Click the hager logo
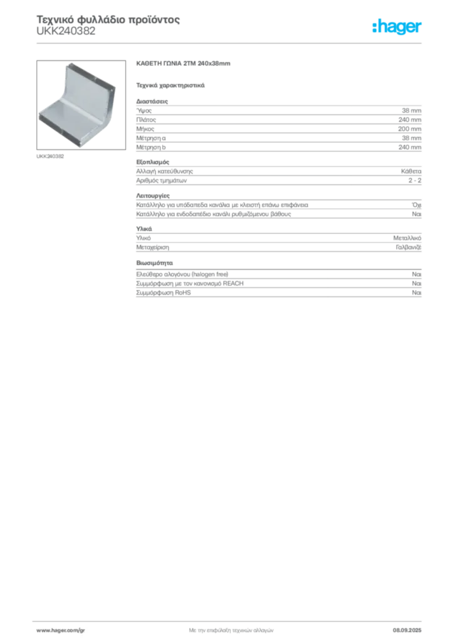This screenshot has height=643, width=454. tap(397, 27)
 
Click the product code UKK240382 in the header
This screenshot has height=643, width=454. tap(66, 31)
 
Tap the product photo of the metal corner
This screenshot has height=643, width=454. tap(81, 105)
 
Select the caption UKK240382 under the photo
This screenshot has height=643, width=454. tap(50, 156)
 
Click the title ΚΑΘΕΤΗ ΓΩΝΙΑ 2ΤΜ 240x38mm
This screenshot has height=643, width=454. tap(183, 63)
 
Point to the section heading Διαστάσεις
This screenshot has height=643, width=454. tap(152, 101)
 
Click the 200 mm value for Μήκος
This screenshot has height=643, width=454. tap(409, 129)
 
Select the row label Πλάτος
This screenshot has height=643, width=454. tap(146, 120)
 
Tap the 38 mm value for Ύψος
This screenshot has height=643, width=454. tap(411, 111)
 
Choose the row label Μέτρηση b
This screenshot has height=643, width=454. tap(151, 147)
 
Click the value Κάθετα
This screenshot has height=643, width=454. tap(411, 171)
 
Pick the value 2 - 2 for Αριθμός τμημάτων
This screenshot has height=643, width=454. tap(414, 180)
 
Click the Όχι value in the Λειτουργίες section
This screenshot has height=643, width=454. tap(416, 205)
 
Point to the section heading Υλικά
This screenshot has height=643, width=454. tap(144, 229)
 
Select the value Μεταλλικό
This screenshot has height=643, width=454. tap(407, 238)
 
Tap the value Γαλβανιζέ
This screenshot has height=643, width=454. tap(408, 247)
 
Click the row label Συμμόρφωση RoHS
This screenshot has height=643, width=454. tap(163, 293)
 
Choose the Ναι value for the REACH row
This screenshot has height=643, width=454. tap(416, 283)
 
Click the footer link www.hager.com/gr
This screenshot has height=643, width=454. tap(61, 630)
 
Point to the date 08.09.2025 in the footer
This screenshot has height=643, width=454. tap(407, 630)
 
